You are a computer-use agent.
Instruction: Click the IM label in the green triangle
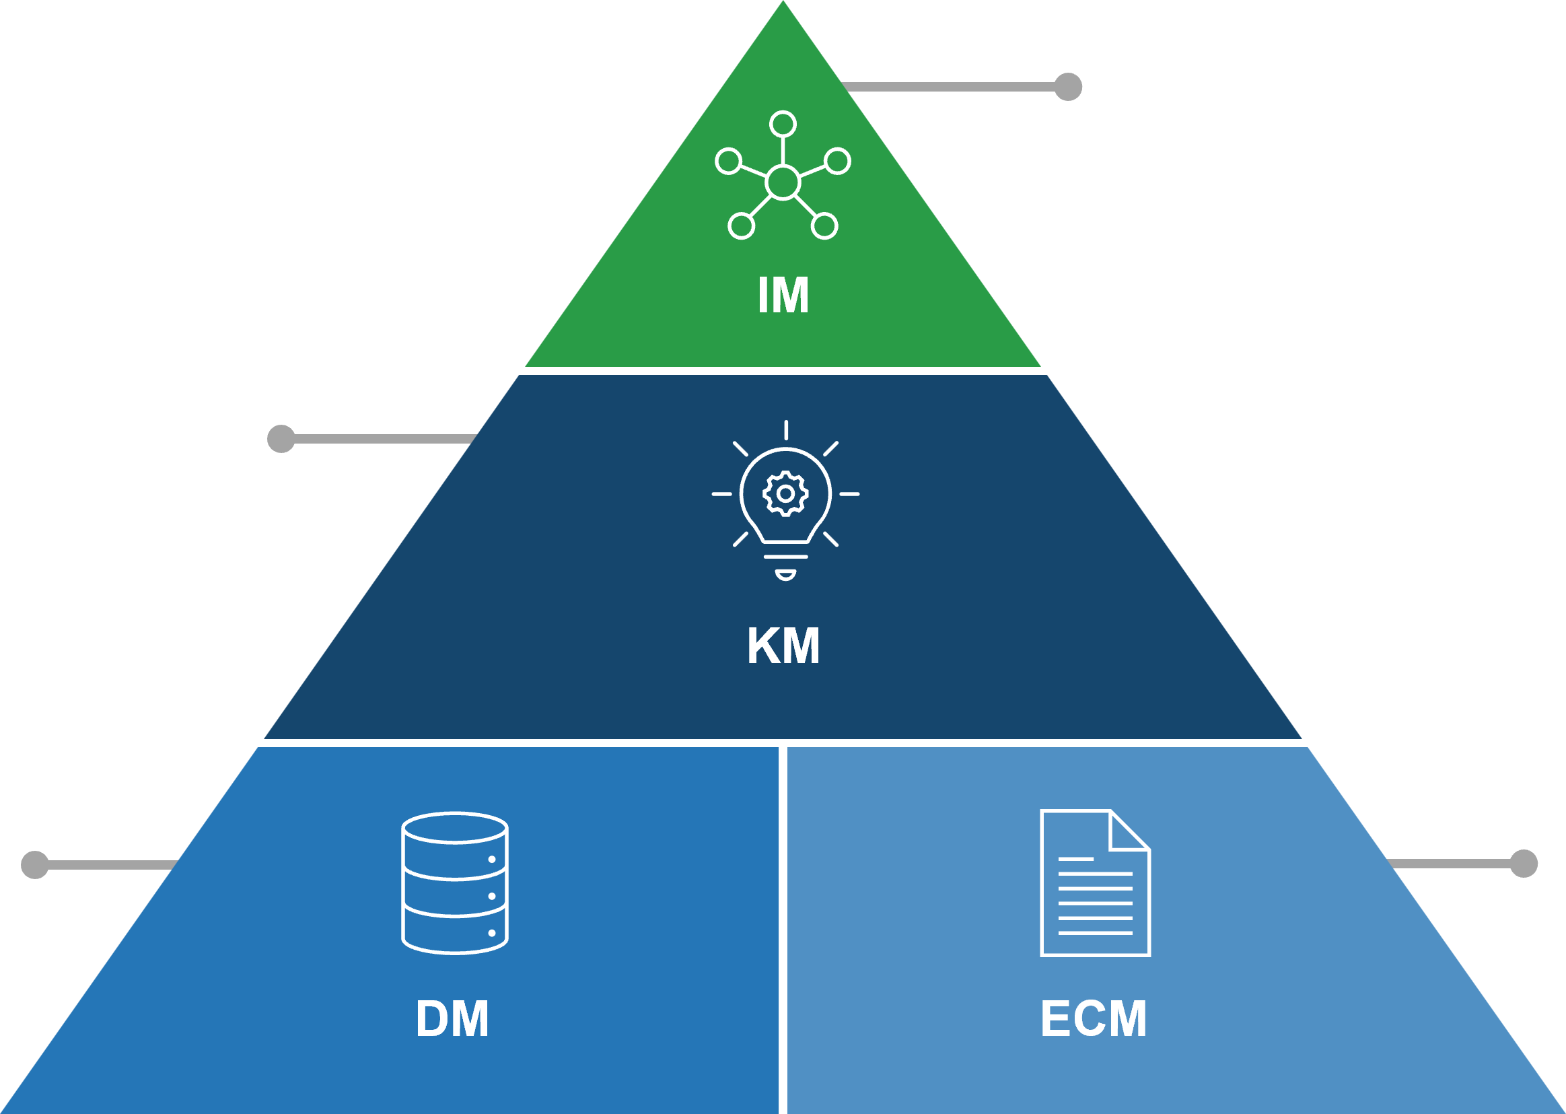(x=783, y=295)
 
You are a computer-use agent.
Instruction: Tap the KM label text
(x=783, y=646)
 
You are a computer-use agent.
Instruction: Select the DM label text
(x=452, y=1019)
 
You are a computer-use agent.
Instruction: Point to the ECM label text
(x=1094, y=1019)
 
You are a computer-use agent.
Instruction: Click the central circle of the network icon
(x=783, y=182)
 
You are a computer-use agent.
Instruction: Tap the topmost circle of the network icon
(x=783, y=124)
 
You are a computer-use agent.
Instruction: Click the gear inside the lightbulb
(x=786, y=494)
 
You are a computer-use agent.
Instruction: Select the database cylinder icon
(x=454, y=884)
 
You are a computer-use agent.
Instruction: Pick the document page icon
(x=1095, y=884)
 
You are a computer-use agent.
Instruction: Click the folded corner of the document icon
(x=1127, y=832)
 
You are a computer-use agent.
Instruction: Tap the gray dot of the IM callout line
(x=1067, y=86)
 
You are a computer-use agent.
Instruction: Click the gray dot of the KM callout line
(x=281, y=439)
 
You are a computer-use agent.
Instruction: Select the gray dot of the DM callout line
(x=35, y=865)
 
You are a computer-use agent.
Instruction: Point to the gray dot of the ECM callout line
(x=1524, y=864)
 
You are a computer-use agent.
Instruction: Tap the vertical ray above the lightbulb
(x=786, y=430)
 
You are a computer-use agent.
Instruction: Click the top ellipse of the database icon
(x=454, y=828)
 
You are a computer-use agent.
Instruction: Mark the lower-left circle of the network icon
(x=741, y=226)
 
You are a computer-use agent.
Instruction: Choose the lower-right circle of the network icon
(x=825, y=226)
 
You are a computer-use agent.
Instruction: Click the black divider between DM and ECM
(x=783, y=926)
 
